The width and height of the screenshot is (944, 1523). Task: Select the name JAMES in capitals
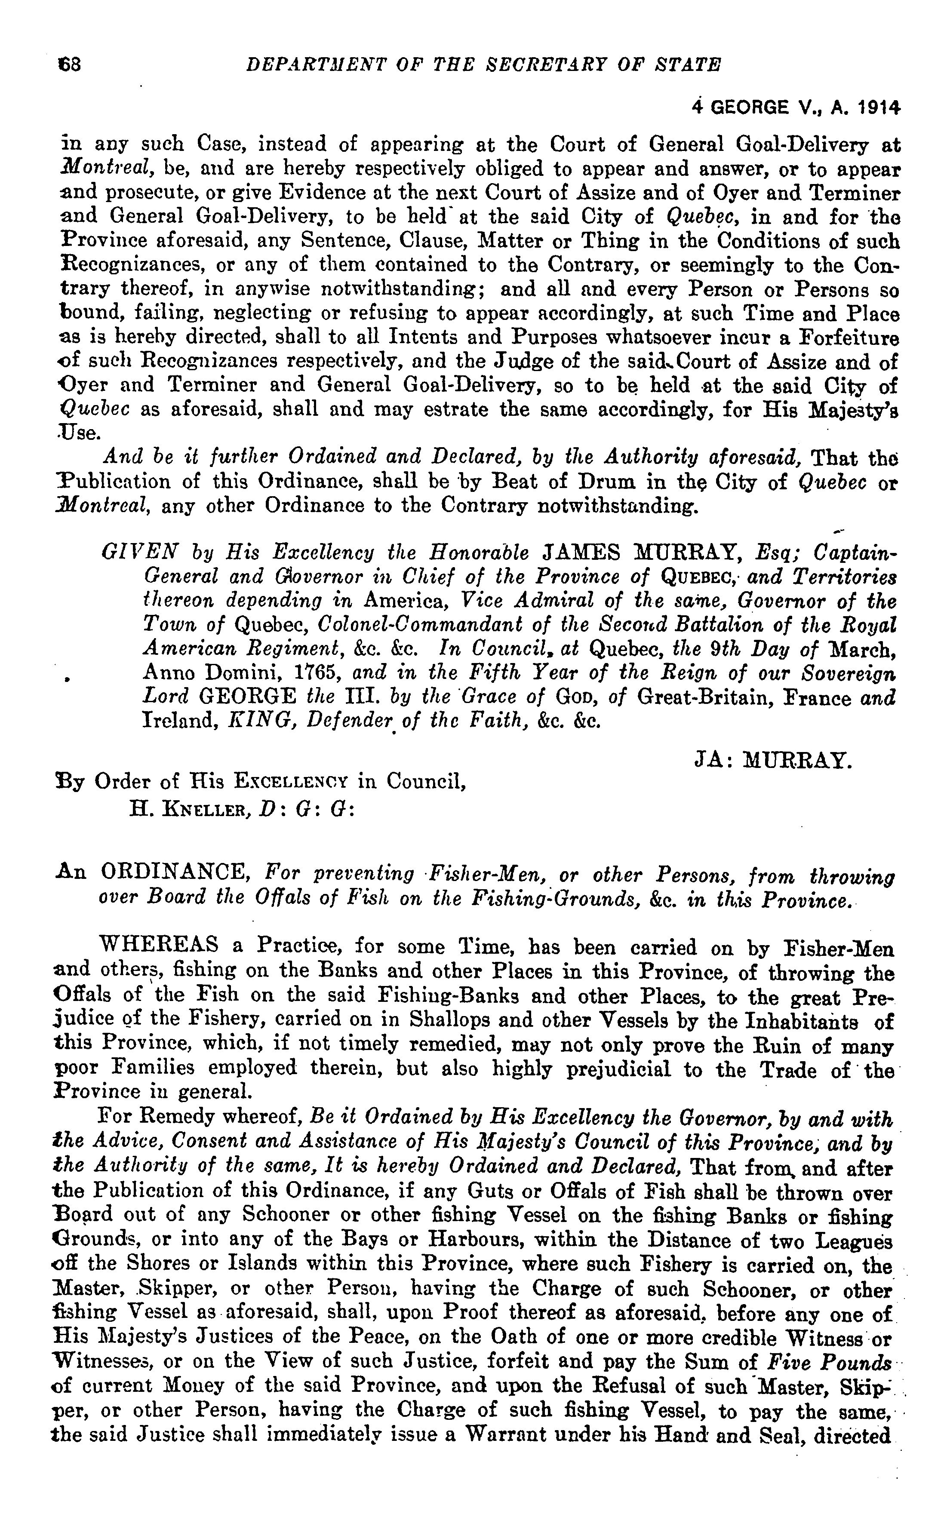click(x=581, y=553)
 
